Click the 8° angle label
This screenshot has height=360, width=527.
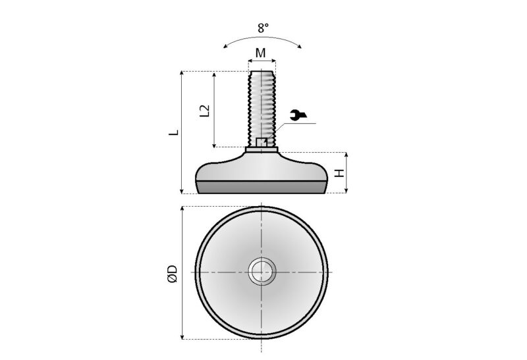(263, 28)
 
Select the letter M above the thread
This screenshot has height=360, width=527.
(262, 52)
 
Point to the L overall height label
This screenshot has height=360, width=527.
(173, 132)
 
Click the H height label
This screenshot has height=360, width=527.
(339, 173)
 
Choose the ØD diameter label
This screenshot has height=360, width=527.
(172, 273)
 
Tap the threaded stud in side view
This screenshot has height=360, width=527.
(263, 105)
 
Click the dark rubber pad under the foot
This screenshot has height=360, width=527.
(262, 187)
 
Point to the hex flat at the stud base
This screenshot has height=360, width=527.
(262, 142)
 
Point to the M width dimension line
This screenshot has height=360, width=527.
(262, 61)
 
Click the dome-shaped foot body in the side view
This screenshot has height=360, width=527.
(262, 168)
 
